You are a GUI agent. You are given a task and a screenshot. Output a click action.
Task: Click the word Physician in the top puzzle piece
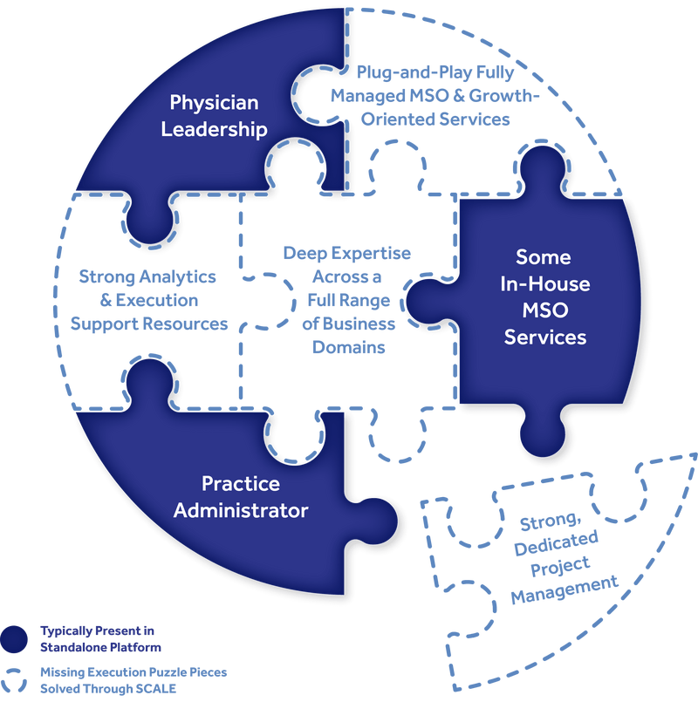coord(214,103)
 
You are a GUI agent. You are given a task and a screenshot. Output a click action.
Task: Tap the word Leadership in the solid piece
coord(214,130)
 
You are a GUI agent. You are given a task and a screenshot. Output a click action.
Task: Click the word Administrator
coord(241,510)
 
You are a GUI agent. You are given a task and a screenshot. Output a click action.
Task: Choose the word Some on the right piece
coord(543,257)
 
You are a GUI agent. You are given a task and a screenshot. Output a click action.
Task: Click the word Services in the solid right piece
coord(544,337)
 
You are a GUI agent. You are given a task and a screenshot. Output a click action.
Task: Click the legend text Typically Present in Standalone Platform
coord(101,638)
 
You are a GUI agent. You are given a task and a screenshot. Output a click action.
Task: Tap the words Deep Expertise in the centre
coord(346,253)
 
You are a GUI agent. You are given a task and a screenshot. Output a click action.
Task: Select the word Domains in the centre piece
coord(346,347)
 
